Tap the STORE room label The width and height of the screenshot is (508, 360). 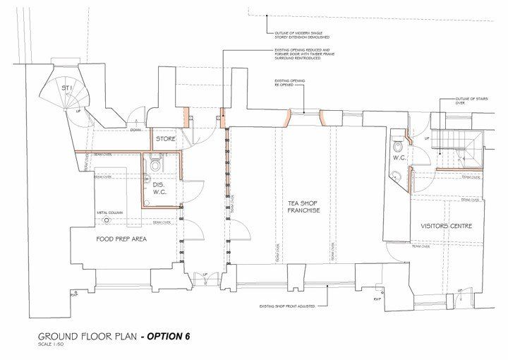(x=166, y=138)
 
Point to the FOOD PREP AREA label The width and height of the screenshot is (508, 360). (x=121, y=239)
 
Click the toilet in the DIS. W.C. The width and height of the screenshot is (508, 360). (x=155, y=164)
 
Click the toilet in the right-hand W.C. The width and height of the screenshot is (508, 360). (x=399, y=148)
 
